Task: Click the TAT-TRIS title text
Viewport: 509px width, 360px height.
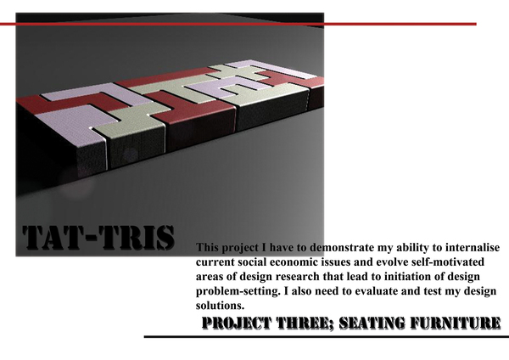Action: [98, 238]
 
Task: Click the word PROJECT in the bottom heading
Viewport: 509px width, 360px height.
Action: [237, 323]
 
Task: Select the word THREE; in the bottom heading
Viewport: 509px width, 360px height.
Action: [305, 323]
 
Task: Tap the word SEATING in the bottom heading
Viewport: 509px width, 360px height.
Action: [372, 323]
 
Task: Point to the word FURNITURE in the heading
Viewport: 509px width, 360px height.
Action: [455, 323]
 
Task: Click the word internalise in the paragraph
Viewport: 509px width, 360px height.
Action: [473, 248]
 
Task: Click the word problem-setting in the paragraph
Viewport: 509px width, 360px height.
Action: [238, 291]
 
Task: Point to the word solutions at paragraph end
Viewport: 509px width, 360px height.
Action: [220, 306]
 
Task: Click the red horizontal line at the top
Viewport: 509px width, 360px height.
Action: [238, 24]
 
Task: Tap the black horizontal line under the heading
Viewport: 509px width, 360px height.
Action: [327, 337]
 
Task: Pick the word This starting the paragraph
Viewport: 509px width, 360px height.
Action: [207, 248]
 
